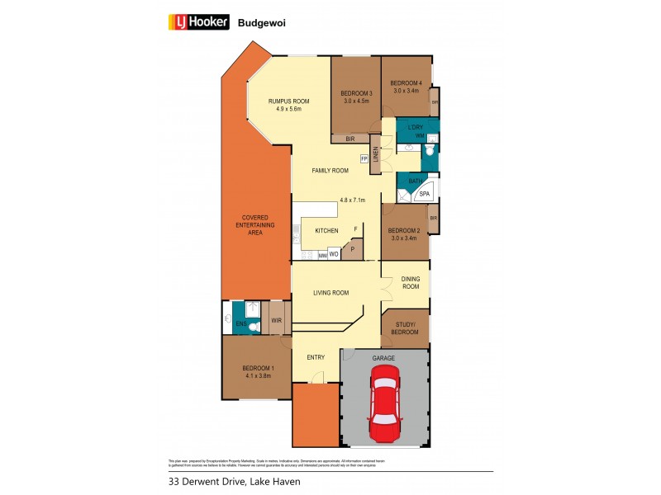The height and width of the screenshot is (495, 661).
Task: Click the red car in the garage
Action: [385, 404]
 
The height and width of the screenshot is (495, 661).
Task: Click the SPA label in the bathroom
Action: [425, 194]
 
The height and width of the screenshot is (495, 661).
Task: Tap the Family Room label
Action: [330, 171]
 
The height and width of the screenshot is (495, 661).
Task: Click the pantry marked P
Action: [351, 248]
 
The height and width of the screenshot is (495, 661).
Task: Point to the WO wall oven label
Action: [334, 255]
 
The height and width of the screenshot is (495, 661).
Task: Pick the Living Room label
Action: [330, 293]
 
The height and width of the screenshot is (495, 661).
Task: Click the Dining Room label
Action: [411, 283]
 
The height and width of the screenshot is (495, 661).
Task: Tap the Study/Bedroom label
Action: [406, 328]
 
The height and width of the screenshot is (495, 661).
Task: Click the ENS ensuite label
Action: [240, 324]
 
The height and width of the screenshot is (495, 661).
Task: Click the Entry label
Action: [316, 357]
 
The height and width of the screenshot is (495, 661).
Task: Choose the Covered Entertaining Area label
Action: [255, 225]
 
